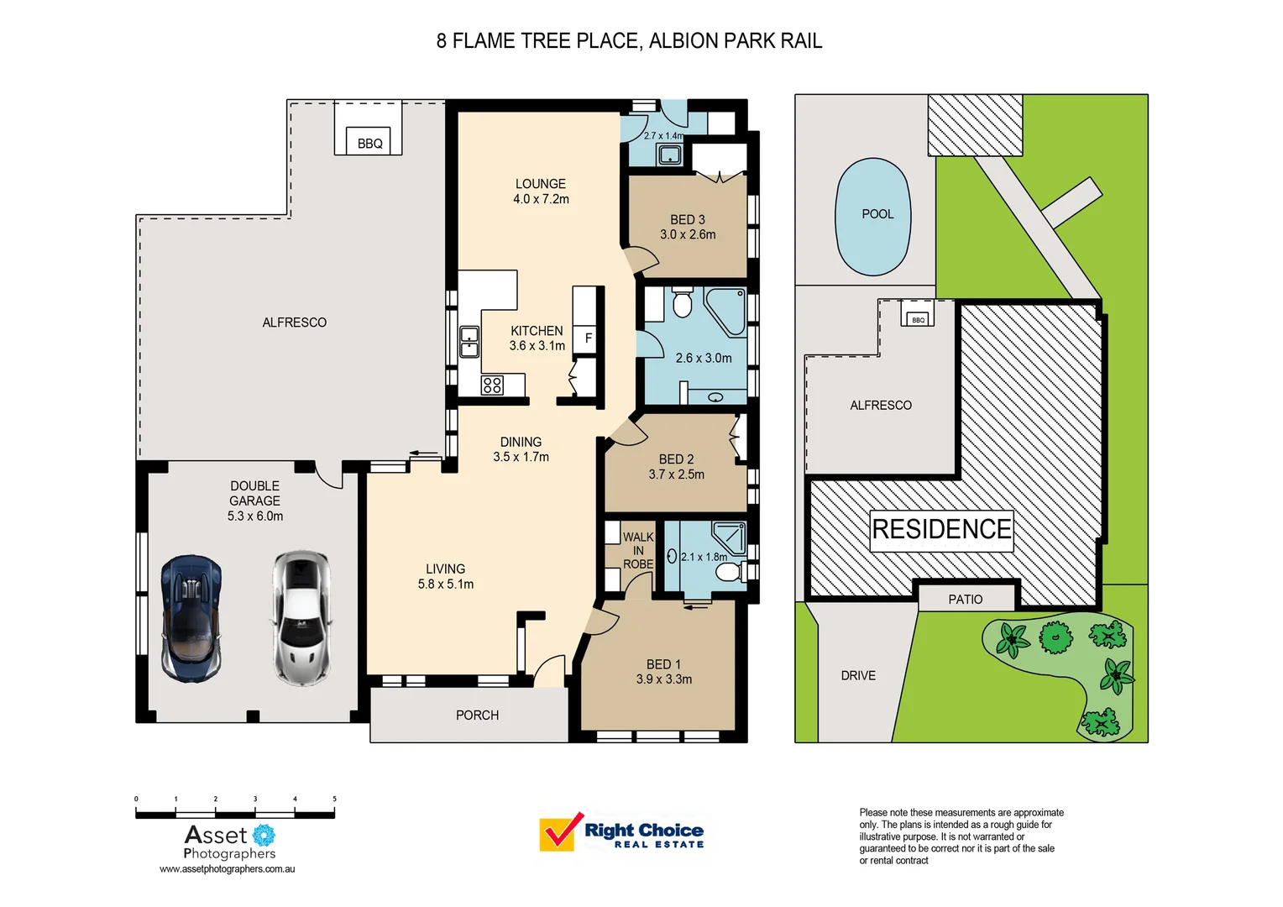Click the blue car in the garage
tap(192, 617)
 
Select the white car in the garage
tap(301, 617)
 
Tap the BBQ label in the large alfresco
tap(369, 144)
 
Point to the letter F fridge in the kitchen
tap(588, 338)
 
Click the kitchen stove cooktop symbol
tap(492, 385)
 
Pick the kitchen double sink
tap(469, 343)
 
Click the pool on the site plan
tap(873, 217)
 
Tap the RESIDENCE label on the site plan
tap(941, 530)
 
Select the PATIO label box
tap(966, 599)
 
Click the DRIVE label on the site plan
tap(858, 675)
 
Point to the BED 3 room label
tap(687, 220)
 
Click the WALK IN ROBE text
tap(637, 550)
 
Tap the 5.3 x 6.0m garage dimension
tap(255, 516)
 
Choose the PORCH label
tap(477, 716)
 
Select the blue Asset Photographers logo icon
tap(264, 834)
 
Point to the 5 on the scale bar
tap(334, 800)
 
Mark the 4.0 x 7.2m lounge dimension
tap(541, 199)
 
